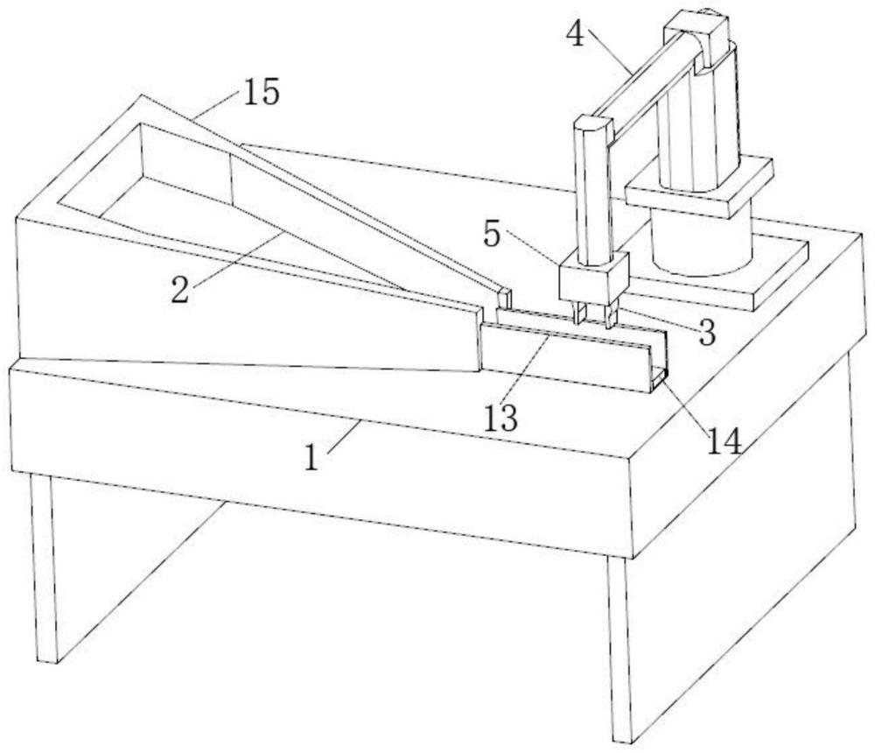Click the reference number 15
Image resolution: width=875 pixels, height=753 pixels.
click(261, 92)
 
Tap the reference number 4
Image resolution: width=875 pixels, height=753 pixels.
click(576, 34)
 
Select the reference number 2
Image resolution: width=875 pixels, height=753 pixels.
click(179, 290)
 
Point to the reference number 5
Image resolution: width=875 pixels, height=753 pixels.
click(492, 235)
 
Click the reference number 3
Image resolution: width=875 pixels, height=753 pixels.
click(706, 333)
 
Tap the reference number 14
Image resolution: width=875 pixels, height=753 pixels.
click(724, 442)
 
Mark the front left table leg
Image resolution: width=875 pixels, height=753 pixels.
click(44, 567)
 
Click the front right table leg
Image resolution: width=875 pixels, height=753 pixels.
click(620, 649)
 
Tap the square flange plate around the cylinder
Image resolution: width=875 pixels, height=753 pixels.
click(699, 187)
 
